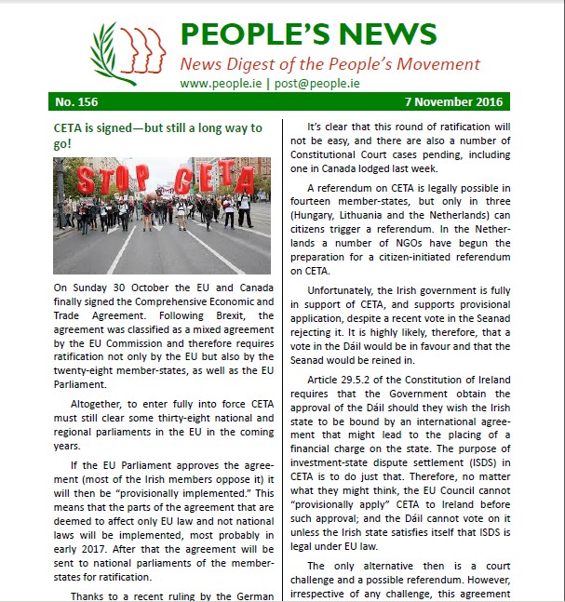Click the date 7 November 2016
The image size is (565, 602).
tap(452, 102)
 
